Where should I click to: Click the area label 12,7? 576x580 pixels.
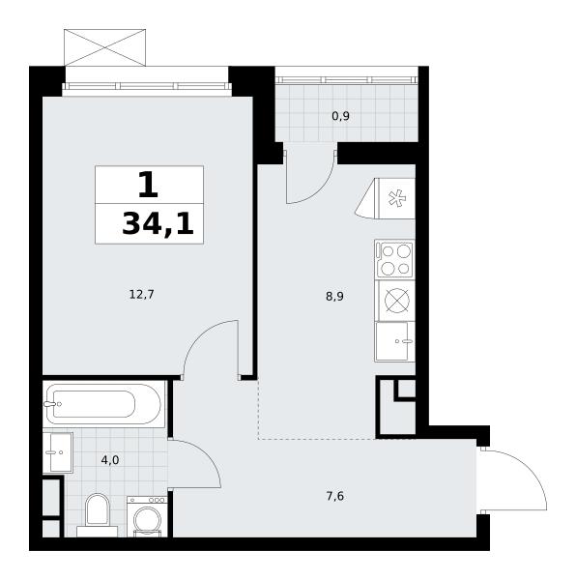tap(142, 295)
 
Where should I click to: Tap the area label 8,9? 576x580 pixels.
tap(335, 297)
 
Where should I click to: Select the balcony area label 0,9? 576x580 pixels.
tap(340, 116)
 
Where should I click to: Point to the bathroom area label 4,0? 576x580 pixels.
tap(110, 460)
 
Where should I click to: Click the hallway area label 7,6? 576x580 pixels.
tap(335, 496)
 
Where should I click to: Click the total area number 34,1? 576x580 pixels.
tap(158, 224)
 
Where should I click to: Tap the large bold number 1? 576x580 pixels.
tap(148, 186)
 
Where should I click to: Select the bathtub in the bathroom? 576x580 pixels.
tap(103, 404)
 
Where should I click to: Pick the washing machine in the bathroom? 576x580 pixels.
tap(147, 517)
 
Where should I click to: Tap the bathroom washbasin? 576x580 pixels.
tap(58, 452)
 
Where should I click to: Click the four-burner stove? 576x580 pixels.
tap(394, 259)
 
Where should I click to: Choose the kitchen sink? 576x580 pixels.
tap(394, 341)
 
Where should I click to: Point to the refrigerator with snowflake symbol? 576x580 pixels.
tap(386, 198)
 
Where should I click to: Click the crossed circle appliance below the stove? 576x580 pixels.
tap(396, 300)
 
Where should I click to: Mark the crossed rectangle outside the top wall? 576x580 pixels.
tap(105, 47)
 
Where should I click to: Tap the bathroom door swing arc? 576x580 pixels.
tap(206, 456)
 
